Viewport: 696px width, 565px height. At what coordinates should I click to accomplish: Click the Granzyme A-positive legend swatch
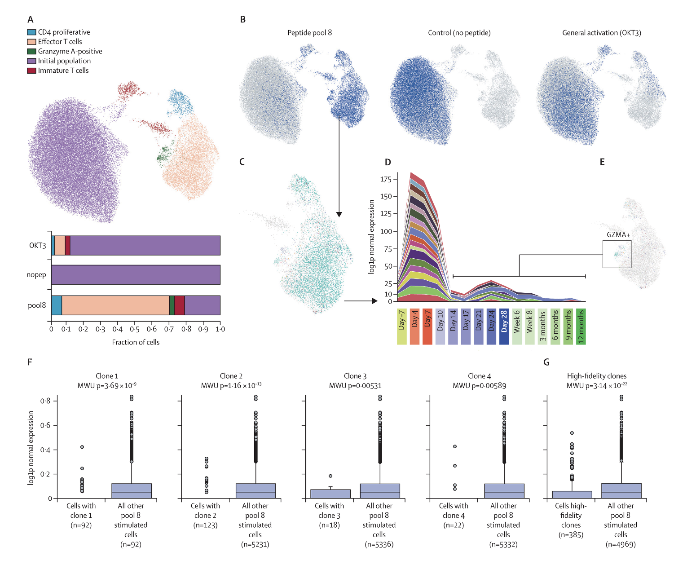[x=31, y=51]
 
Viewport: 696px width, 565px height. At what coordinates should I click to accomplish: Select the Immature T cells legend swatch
[x=31, y=71]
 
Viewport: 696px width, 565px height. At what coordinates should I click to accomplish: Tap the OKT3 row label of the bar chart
[x=38, y=245]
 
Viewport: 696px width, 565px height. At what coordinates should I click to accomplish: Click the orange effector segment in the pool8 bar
[x=115, y=305]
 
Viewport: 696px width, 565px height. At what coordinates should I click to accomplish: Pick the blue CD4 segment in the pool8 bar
[x=57, y=305]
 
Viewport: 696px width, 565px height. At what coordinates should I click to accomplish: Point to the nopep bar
[x=136, y=274]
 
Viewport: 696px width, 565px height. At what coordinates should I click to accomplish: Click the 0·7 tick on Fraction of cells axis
[x=169, y=329]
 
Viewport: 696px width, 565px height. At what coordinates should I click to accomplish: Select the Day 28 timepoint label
[x=504, y=327]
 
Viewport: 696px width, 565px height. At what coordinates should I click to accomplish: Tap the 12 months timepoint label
[x=581, y=327]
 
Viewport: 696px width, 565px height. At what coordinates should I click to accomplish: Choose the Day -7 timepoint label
[x=402, y=327]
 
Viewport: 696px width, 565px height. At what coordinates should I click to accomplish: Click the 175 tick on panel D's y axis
[x=386, y=179]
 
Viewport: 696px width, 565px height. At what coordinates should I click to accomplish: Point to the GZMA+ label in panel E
[x=618, y=234]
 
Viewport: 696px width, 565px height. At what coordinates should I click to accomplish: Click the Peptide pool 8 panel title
[x=309, y=33]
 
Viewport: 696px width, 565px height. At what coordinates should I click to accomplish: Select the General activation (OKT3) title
[x=601, y=33]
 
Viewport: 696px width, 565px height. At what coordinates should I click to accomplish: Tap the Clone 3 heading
[x=355, y=376]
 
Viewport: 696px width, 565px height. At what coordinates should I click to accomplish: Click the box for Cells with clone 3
[x=330, y=494]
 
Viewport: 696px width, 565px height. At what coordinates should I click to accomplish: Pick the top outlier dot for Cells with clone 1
[x=82, y=447]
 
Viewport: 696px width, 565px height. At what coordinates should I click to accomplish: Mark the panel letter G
[x=546, y=362]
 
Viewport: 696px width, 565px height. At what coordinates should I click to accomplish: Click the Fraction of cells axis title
[x=136, y=342]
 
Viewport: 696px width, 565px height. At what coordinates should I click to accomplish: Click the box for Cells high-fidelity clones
[x=572, y=495]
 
